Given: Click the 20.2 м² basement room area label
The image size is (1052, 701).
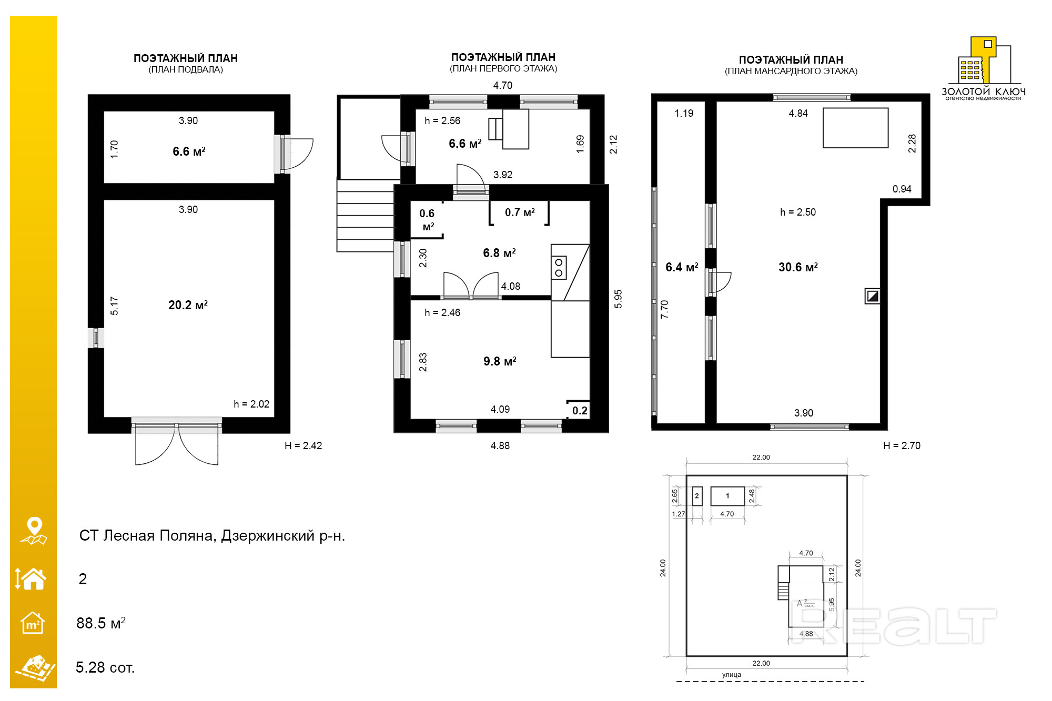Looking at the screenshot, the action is click(188, 305).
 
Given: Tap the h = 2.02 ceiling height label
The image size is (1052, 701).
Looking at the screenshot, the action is click(251, 404).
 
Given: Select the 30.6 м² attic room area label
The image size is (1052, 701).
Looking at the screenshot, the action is click(798, 267).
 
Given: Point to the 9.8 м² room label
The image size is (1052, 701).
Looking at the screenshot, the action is click(500, 361).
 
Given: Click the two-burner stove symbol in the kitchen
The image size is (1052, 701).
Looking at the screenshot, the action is click(559, 268).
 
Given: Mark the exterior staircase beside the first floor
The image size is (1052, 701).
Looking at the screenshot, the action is click(365, 216).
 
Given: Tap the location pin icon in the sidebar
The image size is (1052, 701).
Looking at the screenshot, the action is click(34, 531).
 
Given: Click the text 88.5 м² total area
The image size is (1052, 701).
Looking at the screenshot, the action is click(101, 623).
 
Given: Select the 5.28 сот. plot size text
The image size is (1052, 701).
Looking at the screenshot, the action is click(105, 667).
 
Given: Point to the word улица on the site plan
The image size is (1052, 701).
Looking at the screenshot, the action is click(732, 675).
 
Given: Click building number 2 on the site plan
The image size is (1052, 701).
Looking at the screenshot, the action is click(697, 496).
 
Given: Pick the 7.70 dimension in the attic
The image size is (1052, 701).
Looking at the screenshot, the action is click(664, 309).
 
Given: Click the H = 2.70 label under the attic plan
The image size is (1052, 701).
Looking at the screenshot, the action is click(902, 445).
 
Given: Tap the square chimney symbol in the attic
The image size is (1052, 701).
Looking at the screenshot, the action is click(873, 296).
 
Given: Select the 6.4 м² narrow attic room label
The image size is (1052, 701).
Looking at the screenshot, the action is click(682, 267).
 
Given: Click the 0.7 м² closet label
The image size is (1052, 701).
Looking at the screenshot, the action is click(520, 212).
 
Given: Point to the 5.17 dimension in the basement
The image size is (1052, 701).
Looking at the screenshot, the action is click(114, 306).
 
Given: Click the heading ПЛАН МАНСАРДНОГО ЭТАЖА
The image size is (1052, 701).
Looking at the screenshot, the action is click(791, 71).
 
